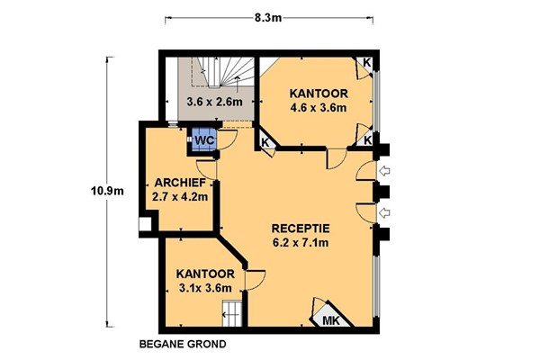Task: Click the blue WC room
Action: (x=204, y=139)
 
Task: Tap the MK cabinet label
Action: (x=331, y=320)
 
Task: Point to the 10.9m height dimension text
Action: (x=107, y=191)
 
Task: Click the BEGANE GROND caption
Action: (x=183, y=344)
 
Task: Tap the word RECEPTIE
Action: (x=301, y=229)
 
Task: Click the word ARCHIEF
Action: (x=180, y=183)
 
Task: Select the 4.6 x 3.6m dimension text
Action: (x=319, y=108)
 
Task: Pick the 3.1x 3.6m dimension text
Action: (x=205, y=288)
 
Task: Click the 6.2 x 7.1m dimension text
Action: (x=301, y=243)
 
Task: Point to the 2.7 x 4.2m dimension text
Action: (x=180, y=197)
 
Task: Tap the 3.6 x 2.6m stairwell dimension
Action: (x=214, y=102)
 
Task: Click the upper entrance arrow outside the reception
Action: (x=384, y=170)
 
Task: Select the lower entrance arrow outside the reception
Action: (x=384, y=213)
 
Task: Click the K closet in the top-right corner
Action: (x=366, y=64)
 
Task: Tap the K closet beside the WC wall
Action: (x=265, y=142)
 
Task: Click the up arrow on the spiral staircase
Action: (x=238, y=85)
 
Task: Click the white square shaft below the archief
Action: (x=145, y=224)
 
